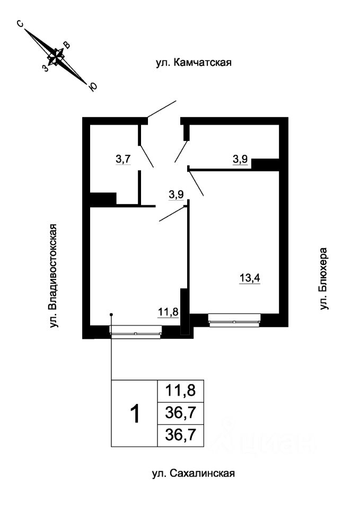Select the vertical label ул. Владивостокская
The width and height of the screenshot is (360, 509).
click(x=52, y=275)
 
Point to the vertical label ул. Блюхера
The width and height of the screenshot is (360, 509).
click(x=324, y=278)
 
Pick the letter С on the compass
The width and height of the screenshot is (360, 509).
click(x=20, y=24)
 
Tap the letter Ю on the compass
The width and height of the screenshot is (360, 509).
click(x=93, y=87)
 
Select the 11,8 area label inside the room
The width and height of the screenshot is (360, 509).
click(x=167, y=311)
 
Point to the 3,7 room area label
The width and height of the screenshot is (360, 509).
click(x=124, y=159)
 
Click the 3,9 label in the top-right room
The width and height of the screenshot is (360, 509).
click(x=241, y=159)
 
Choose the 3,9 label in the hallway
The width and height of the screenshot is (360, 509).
click(x=176, y=195)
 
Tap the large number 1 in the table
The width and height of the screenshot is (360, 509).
click(x=136, y=414)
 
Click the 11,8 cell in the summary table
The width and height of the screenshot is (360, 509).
click(x=181, y=392)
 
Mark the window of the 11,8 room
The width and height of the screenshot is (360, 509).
click(x=135, y=331)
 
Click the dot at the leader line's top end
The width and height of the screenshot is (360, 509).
click(x=111, y=313)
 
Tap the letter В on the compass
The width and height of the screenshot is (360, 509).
click(x=66, y=45)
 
